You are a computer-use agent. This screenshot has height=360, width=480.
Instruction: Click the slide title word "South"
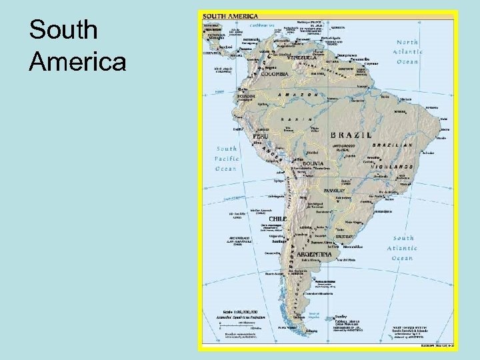click(64, 30)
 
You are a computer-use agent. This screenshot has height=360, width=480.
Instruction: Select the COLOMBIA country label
click(275, 74)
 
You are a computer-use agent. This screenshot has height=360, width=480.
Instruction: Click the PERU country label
click(261, 135)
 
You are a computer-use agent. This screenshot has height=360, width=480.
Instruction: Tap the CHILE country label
click(278, 218)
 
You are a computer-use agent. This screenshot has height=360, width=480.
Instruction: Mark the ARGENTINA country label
click(308, 255)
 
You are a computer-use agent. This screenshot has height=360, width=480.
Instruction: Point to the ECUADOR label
click(246, 95)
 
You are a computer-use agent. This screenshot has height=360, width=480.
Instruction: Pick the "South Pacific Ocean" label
click(226, 159)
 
